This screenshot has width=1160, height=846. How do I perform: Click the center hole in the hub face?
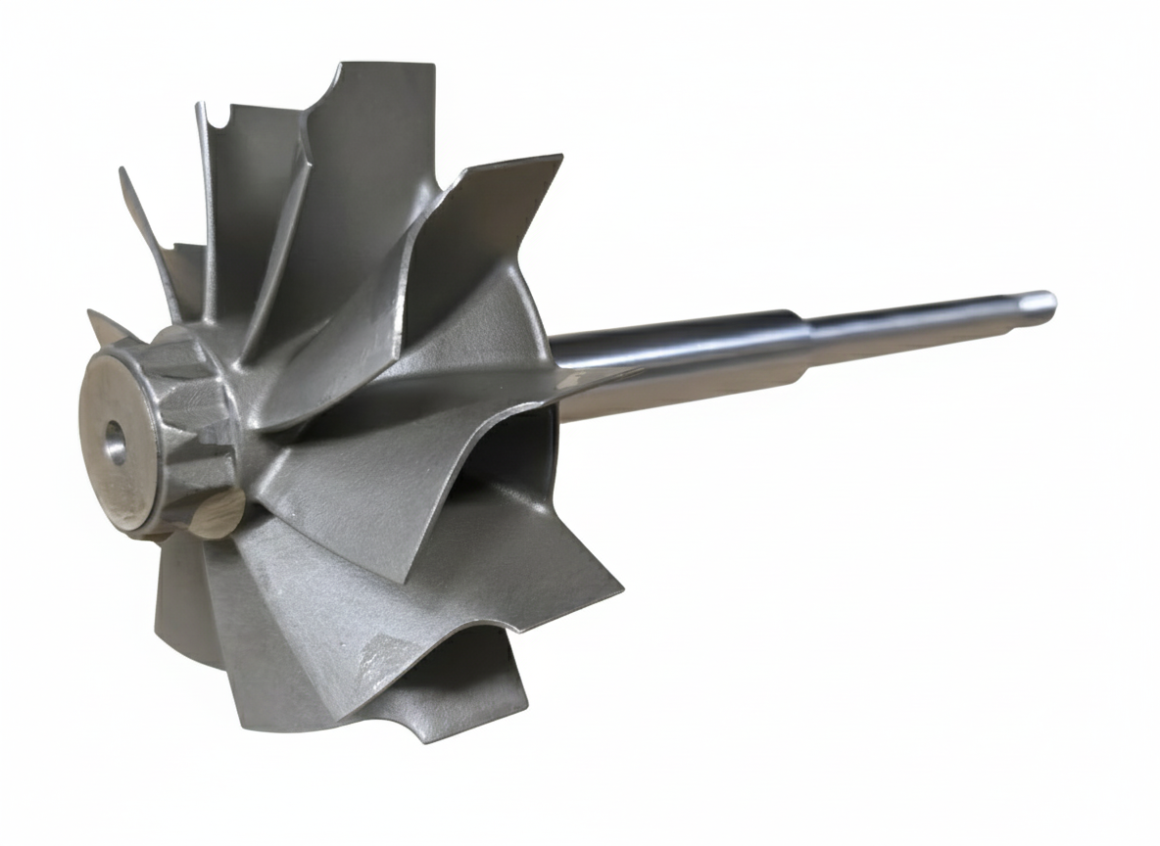click(x=116, y=443)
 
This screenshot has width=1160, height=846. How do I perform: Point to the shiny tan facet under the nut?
click(x=217, y=514)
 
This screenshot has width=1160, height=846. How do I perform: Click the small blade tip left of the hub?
click(x=92, y=315)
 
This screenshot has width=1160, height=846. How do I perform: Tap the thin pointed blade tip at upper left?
click(x=122, y=172)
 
